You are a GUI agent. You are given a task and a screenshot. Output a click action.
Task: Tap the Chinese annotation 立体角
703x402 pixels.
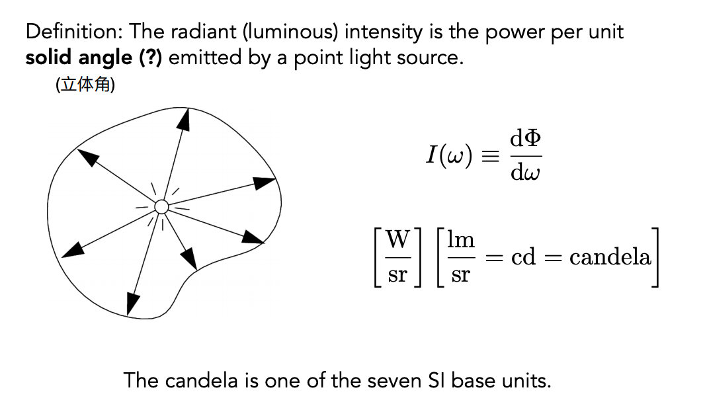(x=85, y=84)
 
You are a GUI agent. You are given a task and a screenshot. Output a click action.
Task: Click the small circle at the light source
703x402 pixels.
(x=161, y=206)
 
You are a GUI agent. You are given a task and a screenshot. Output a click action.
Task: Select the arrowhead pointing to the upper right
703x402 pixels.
(x=265, y=183)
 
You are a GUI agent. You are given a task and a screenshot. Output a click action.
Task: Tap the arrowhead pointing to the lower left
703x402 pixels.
(x=73, y=250)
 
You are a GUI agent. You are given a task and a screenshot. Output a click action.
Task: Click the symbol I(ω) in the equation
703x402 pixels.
(x=449, y=155)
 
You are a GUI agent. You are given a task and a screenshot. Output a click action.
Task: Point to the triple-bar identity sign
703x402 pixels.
(x=489, y=156)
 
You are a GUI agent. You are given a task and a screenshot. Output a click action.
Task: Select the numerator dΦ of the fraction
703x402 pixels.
(x=526, y=138)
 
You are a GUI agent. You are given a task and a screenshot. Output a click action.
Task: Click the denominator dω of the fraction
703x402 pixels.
(x=525, y=172)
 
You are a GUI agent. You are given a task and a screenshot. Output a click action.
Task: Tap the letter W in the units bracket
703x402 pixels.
(x=397, y=239)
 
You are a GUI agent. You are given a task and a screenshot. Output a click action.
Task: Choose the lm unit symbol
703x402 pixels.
(x=461, y=239)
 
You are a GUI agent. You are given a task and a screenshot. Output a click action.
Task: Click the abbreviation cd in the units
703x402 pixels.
(x=523, y=257)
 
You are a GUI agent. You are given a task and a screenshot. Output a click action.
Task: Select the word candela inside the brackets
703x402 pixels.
(x=610, y=257)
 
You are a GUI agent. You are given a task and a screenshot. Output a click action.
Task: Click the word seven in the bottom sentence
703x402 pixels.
(x=394, y=381)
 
